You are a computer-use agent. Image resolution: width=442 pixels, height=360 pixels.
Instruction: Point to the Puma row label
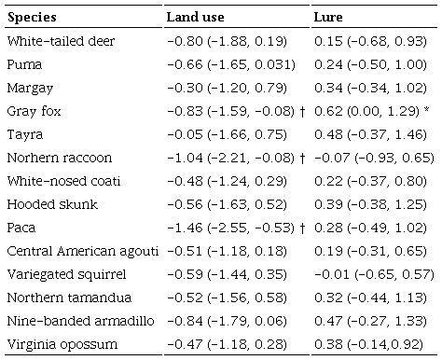23,66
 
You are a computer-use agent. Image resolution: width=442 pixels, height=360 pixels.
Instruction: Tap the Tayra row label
23,136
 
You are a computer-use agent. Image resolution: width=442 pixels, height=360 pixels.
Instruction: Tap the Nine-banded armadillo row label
73,322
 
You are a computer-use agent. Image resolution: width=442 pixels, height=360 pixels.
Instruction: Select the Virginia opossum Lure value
366,345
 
